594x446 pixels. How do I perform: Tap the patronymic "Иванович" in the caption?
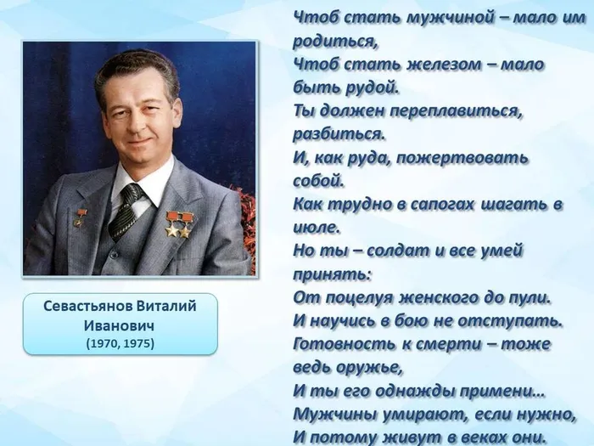click(120, 325)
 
